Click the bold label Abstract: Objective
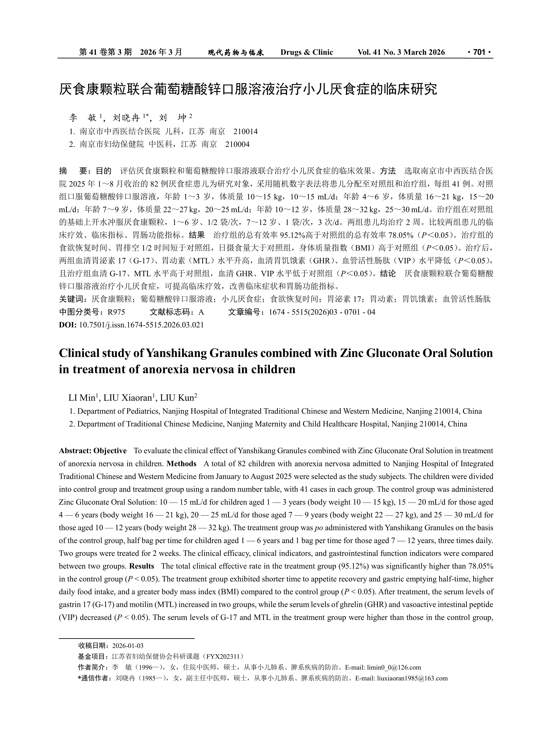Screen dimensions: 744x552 pos(93,451)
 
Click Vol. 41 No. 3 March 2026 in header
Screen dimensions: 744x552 pos(401,52)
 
